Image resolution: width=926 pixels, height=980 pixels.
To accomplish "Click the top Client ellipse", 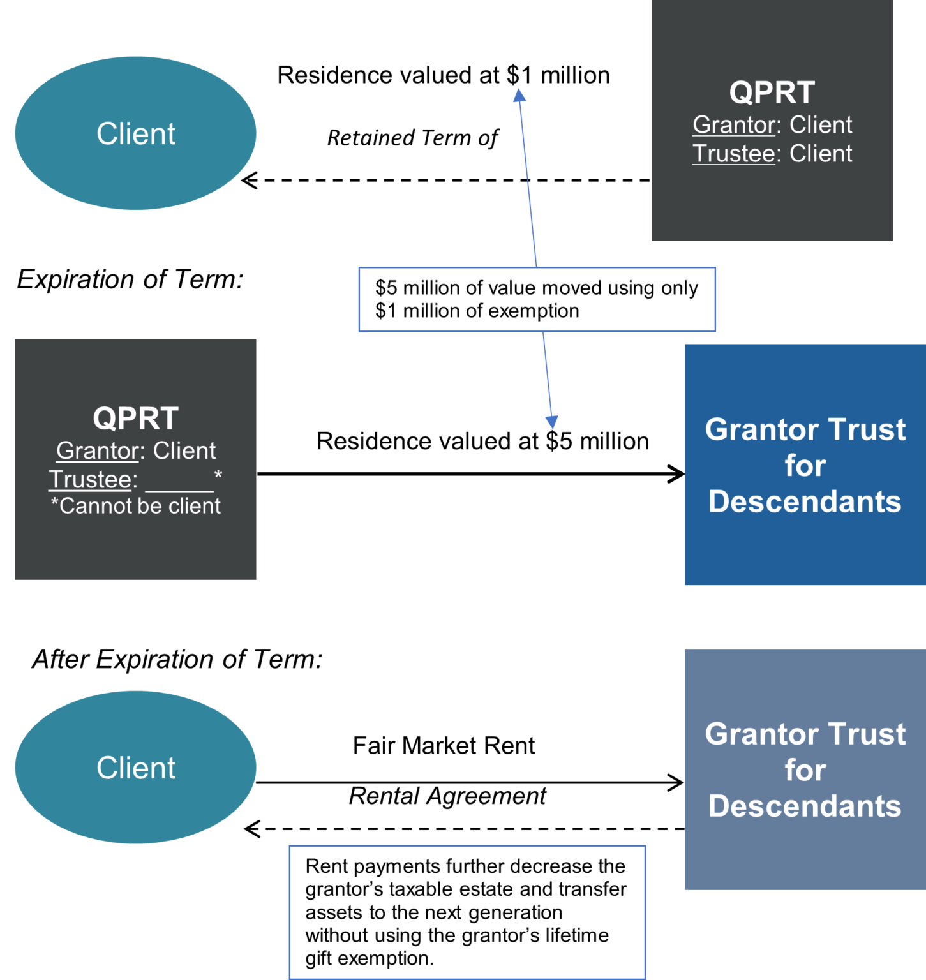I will (x=135, y=133).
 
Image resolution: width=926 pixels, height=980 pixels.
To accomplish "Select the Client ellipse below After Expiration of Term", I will (x=135, y=768).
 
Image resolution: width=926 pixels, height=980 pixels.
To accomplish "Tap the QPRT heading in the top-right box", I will (x=772, y=93).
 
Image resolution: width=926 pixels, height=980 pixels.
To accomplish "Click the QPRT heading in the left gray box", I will (x=135, y=419).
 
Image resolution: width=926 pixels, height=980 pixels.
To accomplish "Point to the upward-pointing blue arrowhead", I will (x=519, y=95).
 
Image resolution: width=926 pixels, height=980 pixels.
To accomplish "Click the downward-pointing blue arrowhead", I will (x=551, y=422).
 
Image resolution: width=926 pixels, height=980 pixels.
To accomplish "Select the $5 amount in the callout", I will (x=386, y=288).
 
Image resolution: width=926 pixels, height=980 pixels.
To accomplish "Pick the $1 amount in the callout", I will (x=386, y=311).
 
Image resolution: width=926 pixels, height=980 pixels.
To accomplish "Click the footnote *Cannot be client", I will (x=135, y=506).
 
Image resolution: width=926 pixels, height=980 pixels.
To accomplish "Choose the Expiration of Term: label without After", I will (x=130, y=279).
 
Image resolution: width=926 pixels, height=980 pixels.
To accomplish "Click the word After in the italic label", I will (x=60, y=659).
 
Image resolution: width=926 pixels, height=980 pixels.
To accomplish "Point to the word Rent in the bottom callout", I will (x=326, y=866).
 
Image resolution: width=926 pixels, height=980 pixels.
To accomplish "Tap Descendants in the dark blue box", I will (x=805, y=501).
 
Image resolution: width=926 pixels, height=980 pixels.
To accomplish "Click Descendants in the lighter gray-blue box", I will (x=805, y=806).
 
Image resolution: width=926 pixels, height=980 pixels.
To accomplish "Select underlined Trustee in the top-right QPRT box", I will (x=733, y=154).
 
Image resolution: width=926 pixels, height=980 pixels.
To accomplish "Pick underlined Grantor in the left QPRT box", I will (x=97, y=451).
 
